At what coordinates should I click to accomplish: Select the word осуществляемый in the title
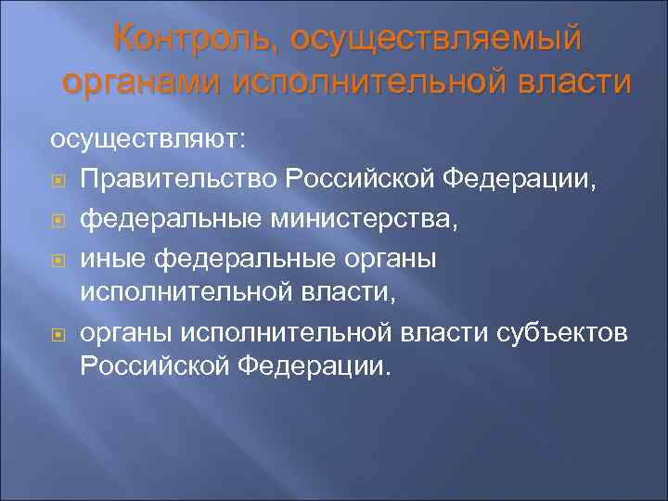pos(435,40)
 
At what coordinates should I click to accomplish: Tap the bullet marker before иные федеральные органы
pos(58,261)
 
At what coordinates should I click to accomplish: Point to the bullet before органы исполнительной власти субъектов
pos(58,332)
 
